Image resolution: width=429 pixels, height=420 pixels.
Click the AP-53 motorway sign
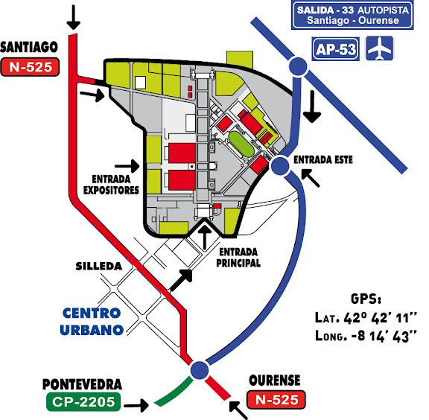tap(335, 49)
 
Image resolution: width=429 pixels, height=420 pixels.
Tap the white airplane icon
tap(380, 48)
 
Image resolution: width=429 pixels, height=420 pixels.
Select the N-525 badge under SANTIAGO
tap(30, 67)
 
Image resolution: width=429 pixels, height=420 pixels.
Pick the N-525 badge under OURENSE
tap(276, 399)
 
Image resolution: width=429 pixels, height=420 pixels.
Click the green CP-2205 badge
tap(83, 401)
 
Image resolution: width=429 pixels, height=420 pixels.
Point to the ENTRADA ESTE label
tap(322, 159)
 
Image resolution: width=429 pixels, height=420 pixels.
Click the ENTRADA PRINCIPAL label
tap(238, 257)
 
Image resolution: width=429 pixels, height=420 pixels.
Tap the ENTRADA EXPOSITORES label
tap(111, 185)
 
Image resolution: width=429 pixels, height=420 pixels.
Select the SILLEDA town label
tap(99, 267)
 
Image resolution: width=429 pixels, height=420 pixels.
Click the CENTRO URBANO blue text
tap(92, 322)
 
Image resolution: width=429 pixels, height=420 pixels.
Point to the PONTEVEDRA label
tap(82, 384)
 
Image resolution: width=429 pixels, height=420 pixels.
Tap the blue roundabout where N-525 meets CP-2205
tap(200, 370)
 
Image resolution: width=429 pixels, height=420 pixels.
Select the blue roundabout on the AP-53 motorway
tap(298, 66)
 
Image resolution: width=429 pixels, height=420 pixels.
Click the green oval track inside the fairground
tap(241, 144)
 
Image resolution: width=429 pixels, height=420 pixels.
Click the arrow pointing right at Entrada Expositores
tap(127, 166)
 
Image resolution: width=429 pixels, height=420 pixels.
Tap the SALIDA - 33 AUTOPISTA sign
tap(352, 15)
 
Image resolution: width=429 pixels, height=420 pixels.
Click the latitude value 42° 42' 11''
tap(380, 318)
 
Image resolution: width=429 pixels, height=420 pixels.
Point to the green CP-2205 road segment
tap(175, 392)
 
